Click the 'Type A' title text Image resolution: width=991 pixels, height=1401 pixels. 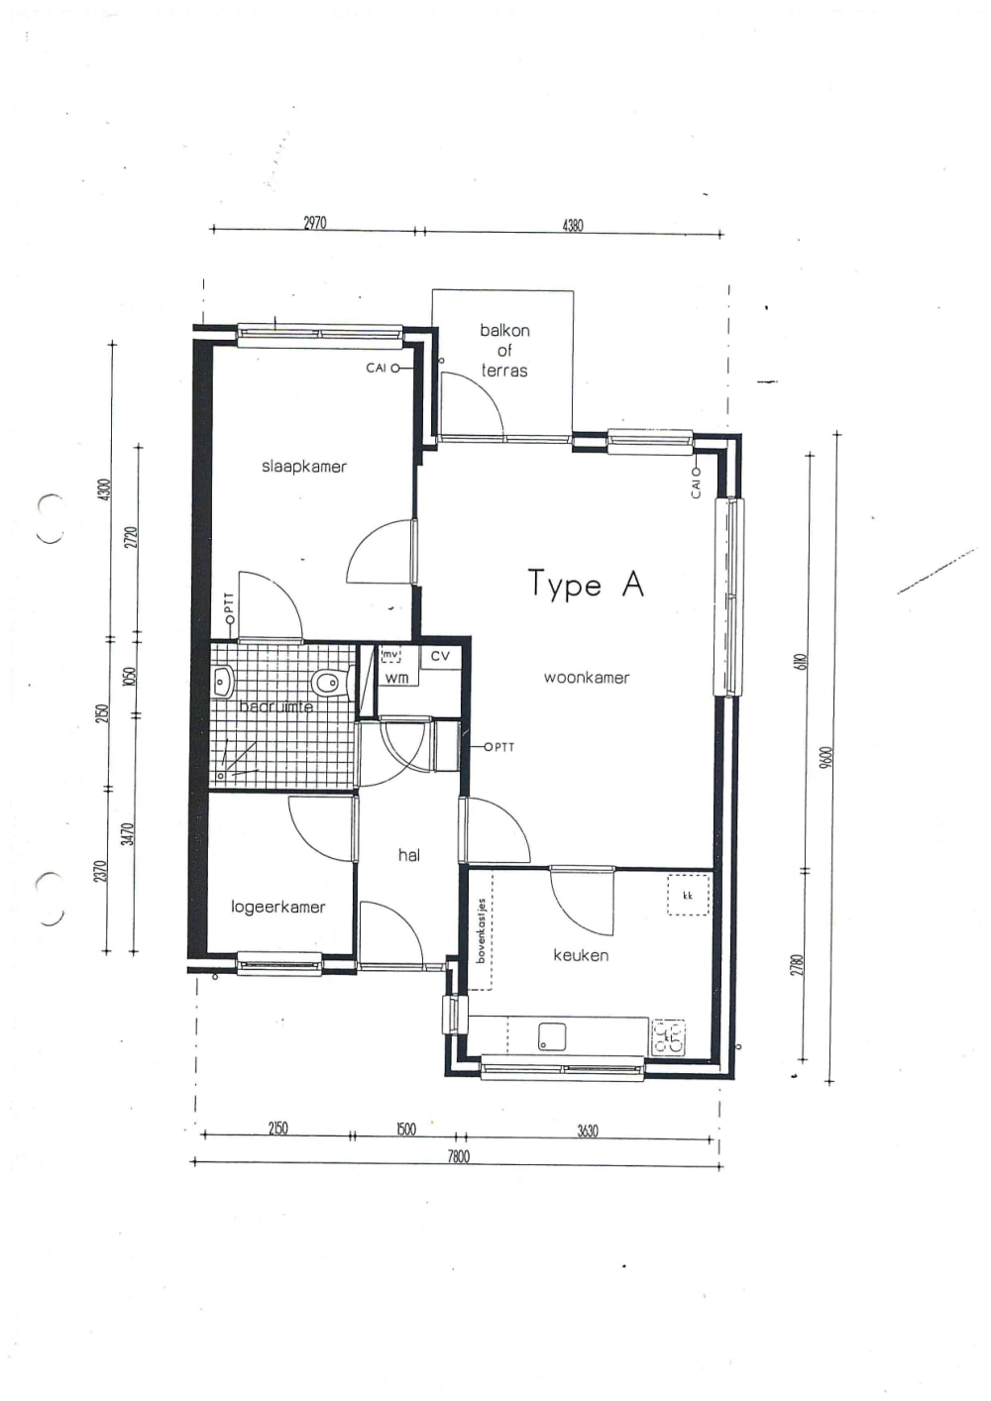click(585, 585)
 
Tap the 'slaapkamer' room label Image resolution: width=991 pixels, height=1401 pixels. click(304, 467)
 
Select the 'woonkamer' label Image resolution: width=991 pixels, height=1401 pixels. click(586, 678)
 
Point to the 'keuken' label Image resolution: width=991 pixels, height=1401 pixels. click(581, 955)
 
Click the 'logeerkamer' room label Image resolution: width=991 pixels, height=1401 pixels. click(277, 907)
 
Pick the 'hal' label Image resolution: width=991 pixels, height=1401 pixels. click(408, 855)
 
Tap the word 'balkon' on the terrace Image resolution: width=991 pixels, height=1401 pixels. click(504, 331)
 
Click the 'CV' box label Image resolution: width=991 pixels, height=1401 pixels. click(440, 656)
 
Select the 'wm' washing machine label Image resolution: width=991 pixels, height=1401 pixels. click(396, 679)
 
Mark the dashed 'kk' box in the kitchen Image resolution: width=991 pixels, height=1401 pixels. click(688, 896)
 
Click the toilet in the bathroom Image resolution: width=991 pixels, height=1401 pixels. click(326, 682)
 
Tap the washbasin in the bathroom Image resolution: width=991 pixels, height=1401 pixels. click(223, 682)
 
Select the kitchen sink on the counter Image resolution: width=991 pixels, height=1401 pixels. click(552, 1037)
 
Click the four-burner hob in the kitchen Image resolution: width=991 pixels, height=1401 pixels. click(668, 1037)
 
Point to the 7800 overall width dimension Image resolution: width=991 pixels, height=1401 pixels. click(458, 1156)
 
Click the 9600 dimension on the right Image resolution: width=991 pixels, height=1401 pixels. click(825, 758)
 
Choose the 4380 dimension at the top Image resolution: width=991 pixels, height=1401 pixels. click(573, 225)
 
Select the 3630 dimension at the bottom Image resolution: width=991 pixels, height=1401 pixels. click(587, 1131)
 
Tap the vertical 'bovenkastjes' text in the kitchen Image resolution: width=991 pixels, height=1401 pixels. click(482, 931)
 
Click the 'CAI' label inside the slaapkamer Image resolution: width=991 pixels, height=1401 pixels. click(377, 368)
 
